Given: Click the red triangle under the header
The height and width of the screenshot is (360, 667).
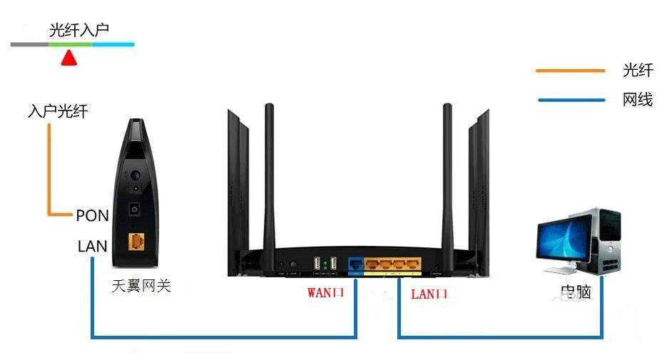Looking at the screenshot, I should point(68,58).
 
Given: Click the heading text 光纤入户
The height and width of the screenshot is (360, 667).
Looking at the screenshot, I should point(78,30).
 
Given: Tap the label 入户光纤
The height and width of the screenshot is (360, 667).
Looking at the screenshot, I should point(58,112).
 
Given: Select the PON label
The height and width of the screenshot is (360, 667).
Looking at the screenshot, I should point(91,215).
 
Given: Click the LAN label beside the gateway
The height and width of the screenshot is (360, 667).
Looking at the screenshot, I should point(92,247).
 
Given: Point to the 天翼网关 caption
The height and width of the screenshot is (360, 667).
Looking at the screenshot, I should point(141,287).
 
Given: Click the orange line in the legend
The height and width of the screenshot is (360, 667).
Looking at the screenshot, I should point(570,71).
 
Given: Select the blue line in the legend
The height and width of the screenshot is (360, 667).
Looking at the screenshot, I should point(570,101).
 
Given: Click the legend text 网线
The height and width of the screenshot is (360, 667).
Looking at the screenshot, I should point(637,100).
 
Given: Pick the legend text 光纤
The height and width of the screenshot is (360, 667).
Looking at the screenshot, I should point(637,70).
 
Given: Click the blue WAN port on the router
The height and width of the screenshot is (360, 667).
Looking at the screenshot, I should point(355,265).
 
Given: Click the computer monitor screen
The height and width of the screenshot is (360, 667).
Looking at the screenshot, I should point(564,240).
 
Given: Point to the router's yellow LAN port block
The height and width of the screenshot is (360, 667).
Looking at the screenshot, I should point(393,266).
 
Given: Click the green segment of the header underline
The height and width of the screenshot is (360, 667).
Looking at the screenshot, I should point(70,45).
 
